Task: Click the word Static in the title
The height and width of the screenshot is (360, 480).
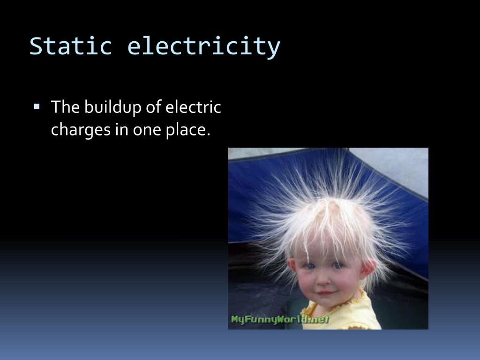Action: click(x=70, y=46)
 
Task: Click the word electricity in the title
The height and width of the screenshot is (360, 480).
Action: click(x=204, y=46)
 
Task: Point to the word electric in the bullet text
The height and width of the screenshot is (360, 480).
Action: click(x=193, y=107)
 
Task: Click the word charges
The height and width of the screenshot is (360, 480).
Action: click(x=79, y=130)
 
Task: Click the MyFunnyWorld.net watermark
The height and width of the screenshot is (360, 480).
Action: click(x=280, y=320)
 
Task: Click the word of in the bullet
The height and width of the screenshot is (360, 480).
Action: click(x=154, y=107)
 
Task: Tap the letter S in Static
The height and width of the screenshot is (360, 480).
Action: click(x=36, y=46)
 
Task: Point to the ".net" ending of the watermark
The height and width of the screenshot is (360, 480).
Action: click(x=319, y=320)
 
